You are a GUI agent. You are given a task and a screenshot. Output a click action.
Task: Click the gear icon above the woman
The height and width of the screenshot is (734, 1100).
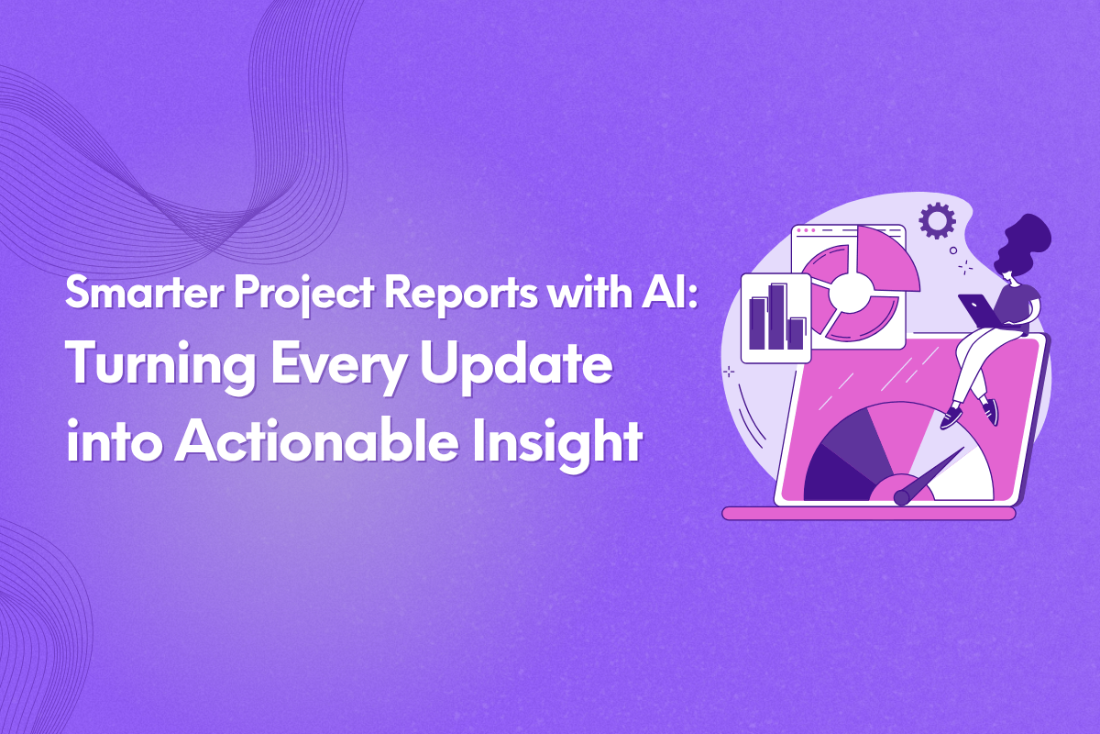pyautogui.click(x=937, y=221)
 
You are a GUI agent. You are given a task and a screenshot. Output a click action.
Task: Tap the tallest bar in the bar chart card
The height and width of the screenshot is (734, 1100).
pyautogui.click(x=778, y=317)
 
